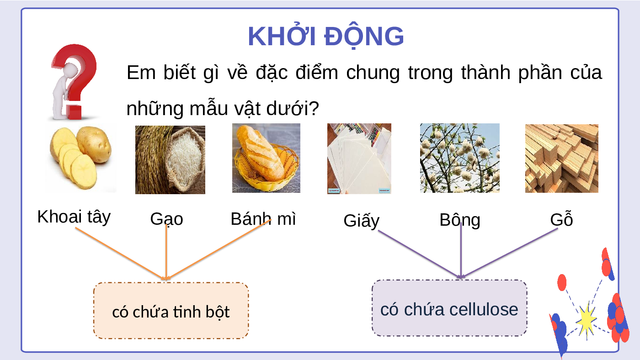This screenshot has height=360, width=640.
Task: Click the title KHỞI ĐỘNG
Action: pyautogui.click(x=325, y=36)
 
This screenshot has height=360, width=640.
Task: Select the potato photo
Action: pyautogui.click(x=80, y=158)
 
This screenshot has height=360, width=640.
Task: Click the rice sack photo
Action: pyautogui.click(x=170, y=159)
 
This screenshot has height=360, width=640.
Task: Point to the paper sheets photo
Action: pyautogui.click(x=359, y=159)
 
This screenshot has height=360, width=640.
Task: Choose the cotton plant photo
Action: pyautogui.click(x=460, y=158)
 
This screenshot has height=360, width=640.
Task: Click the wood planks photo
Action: pyautogui.click(x=562, y=159)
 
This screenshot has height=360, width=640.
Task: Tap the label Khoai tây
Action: pyautogui.click(x=74, y=217)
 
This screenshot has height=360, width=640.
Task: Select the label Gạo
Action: pyautogui.click(x=166, y=219)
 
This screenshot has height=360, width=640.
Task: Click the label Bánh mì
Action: pyautogui.click(x=263, y=219)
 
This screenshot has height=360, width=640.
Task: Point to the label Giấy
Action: pyautogui.click(x=362, y=221)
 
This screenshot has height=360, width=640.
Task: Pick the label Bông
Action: pyautogui.click(x=460, y=220)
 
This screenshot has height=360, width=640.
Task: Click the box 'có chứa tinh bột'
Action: pyautogui.click(x=171, y=311)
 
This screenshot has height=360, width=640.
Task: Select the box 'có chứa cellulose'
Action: pyautogui.click(x=449, y=308)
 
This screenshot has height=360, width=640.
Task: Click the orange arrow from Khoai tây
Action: pyautogui.click(x=121, y=254)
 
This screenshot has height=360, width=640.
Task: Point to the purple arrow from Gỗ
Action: pyautogui.click(x=509, y=253)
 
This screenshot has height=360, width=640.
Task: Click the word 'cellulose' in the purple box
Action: pyautogui.click(x=484, y=309)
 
